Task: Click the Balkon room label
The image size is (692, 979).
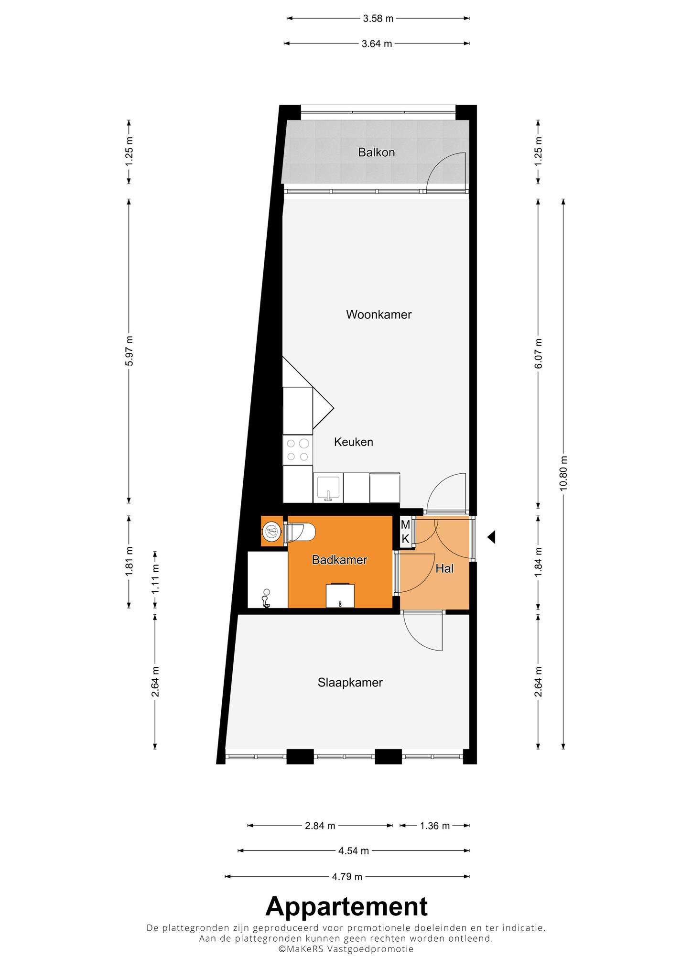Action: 377,152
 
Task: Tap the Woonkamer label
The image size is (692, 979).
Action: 379,315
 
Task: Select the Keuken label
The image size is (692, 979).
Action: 354,442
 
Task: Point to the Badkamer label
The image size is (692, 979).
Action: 339,560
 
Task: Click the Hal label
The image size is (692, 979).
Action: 444,569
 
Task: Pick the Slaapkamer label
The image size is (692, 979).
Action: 350,683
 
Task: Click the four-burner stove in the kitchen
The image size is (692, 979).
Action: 297,450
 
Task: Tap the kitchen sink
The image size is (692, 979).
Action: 328,488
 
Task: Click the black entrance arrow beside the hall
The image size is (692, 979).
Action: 491,537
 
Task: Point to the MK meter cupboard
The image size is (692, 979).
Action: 405,532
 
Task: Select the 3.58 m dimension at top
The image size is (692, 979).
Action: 378,19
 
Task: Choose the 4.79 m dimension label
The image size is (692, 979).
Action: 347,877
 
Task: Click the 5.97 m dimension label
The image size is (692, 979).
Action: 129,350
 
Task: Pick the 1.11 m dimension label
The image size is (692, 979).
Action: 155,579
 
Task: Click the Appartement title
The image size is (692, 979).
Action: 346,906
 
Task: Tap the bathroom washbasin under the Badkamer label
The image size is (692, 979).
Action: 340,596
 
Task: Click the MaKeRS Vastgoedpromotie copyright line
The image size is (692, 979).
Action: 346,949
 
